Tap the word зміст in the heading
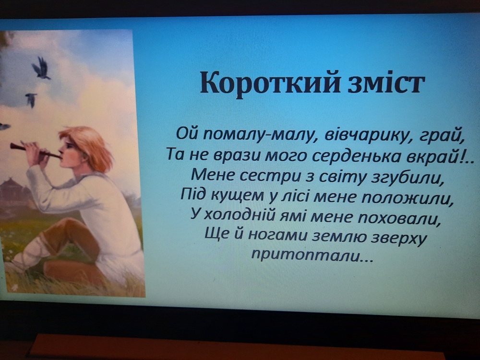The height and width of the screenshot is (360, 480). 386,82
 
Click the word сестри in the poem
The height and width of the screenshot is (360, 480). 270,177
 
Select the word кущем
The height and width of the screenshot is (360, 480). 238,196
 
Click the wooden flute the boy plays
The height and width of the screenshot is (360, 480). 35,150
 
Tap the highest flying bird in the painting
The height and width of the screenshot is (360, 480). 41,68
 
